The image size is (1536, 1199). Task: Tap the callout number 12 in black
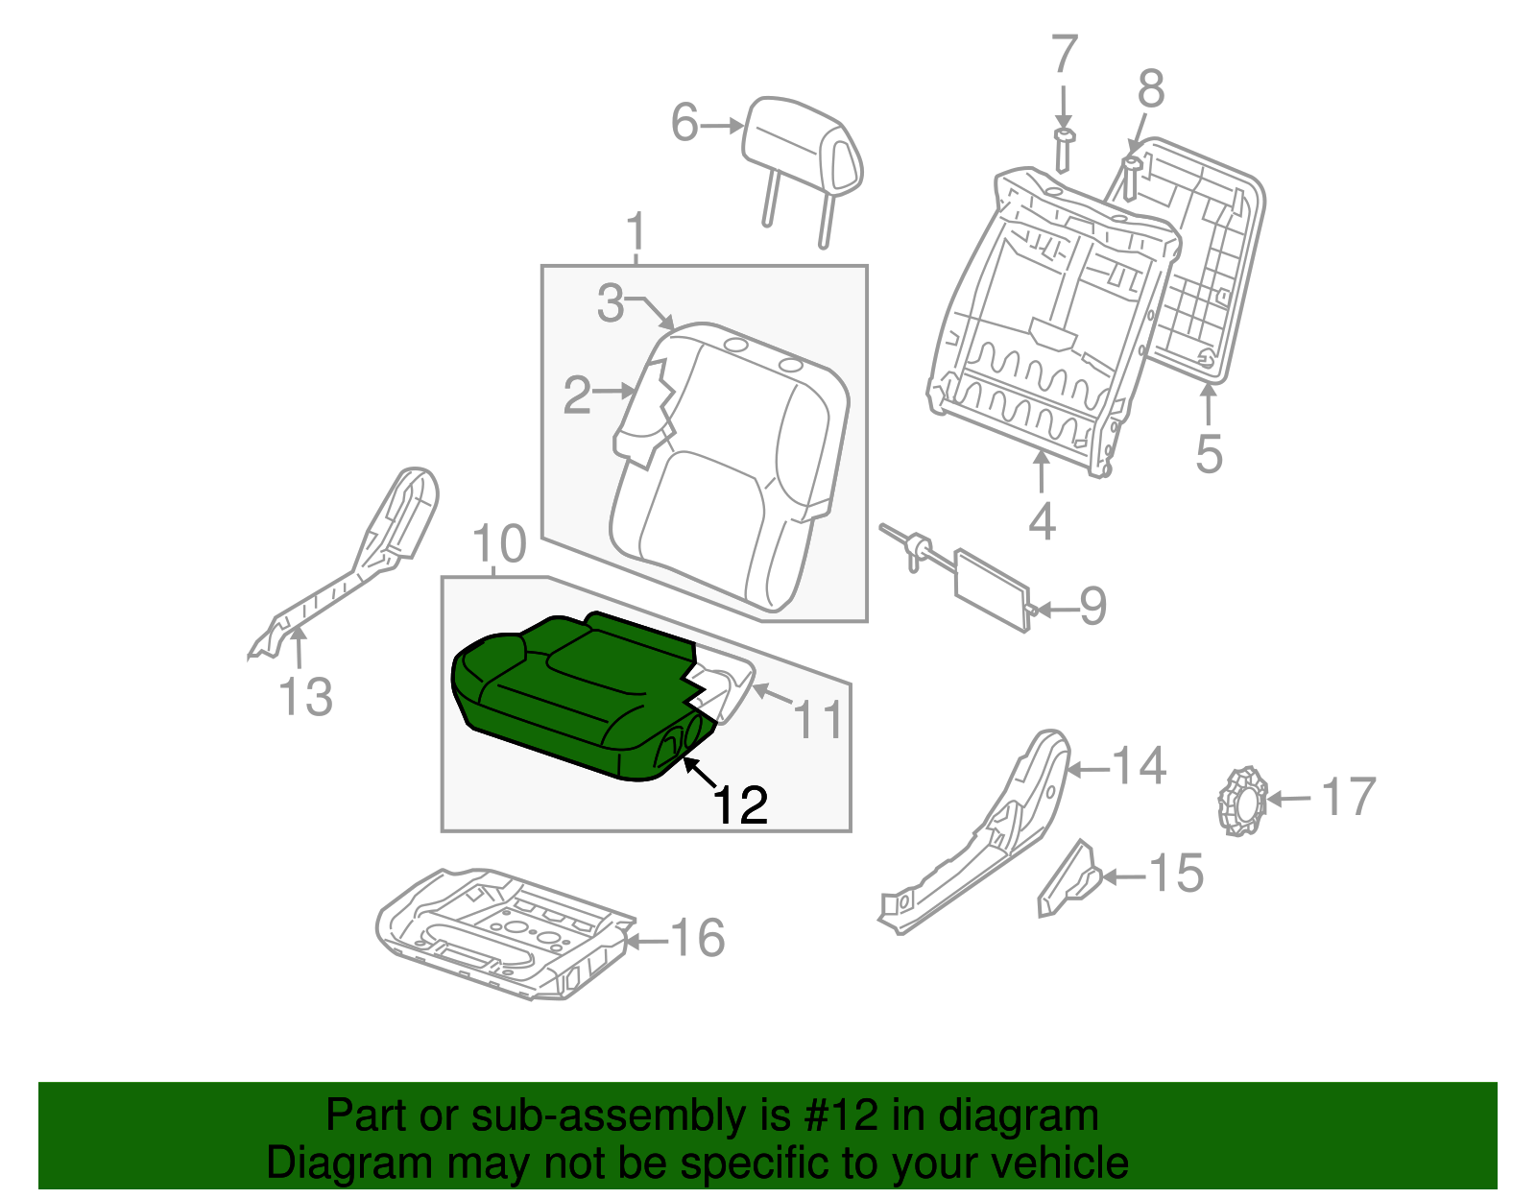point(740,805)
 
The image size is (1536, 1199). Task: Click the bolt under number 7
point(1063,149)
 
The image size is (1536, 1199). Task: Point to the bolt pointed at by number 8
point(1131,178)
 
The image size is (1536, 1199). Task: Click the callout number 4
point(1043,521)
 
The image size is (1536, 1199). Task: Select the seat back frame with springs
point(1051,317)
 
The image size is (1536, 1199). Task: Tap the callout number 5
point(1209,453)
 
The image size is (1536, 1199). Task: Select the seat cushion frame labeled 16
point(504,931)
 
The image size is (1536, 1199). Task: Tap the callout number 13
point(305,697)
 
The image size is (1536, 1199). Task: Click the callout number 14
point(1139,766)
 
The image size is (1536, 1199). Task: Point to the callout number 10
point(500,544)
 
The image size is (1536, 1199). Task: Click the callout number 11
point(819,719)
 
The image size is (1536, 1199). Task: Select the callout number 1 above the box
point(636,232)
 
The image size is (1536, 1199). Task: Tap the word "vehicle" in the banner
point(1059,1163)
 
